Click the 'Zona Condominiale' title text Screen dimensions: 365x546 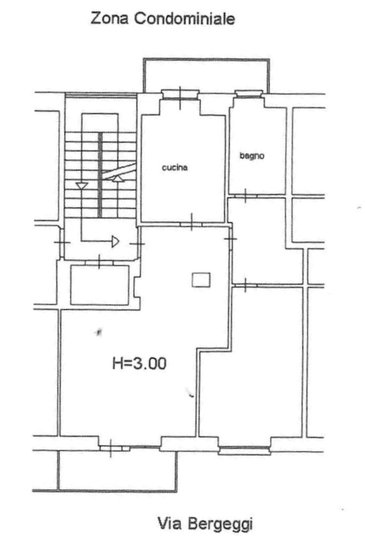[162, 18]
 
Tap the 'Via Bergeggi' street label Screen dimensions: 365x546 [205, 524]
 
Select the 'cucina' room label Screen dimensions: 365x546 [175, 168]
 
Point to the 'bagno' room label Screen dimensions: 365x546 [252, 156]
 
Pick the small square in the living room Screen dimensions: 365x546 [201, 280]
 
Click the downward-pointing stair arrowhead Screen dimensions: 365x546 [82, 186]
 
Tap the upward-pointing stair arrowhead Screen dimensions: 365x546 [118, 178]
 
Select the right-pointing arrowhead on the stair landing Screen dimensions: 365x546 [115, 241]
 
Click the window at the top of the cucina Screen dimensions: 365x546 [180, 94]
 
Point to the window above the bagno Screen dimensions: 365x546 [249, 93]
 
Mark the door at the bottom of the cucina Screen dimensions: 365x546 [191, 224]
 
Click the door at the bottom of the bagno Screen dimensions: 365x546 [245, 196]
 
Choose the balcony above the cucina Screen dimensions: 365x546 [206, 76]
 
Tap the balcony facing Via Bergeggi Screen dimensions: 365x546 [117, 471]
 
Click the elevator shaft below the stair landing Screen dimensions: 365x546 [100, 285]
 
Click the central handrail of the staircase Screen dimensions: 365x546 [100, 175]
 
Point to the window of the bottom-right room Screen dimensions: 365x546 [245, 450]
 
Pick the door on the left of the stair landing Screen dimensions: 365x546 [61, 242]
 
